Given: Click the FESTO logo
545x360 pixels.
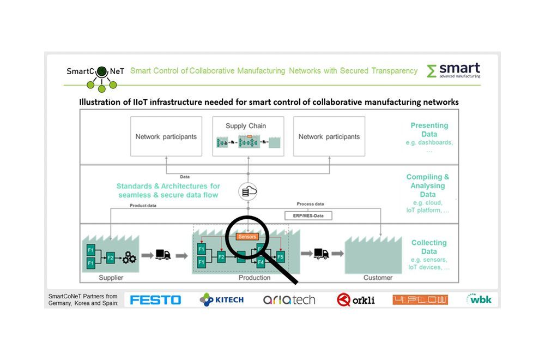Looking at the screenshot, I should coord(155,299).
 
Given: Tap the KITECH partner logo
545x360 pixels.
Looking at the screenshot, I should coord(222,299).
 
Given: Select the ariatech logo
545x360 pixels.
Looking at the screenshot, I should coord(289,299).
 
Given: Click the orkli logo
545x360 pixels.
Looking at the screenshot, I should coord(356,299).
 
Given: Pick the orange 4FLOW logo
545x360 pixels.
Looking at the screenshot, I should coord(420,299).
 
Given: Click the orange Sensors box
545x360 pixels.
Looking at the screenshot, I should coord(247,237).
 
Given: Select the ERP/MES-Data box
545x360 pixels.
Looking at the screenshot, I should coord(308,215).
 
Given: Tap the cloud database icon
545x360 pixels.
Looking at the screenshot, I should coord(248,192).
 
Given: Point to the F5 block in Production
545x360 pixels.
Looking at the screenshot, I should coord(280,256).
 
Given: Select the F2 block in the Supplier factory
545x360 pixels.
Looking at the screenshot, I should coord(110,257).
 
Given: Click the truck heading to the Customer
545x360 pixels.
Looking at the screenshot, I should coord(321,254).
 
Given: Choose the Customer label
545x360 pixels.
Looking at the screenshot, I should coord(378,278).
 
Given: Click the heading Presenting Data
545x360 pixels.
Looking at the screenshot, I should coord(429,129).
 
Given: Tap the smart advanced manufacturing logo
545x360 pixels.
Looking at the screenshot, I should coord(453,70).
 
